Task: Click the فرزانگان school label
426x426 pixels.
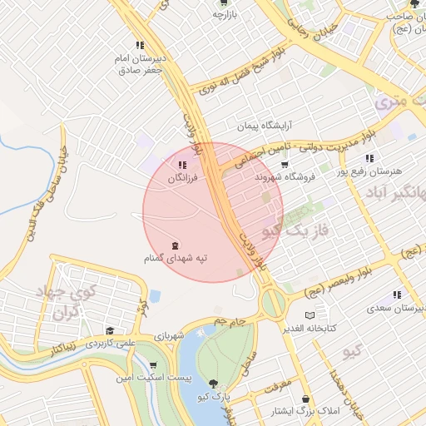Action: coord(183,179)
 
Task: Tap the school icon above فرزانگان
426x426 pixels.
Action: coord(183,166)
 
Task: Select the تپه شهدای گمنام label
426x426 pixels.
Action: coord(175,259)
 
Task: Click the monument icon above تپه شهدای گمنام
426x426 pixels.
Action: coord(175,245)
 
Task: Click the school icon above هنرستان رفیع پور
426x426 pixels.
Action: coord(369,158)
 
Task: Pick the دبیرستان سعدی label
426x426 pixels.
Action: coord(396,307)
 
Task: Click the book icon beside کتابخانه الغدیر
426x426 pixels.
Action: coord(310,315)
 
